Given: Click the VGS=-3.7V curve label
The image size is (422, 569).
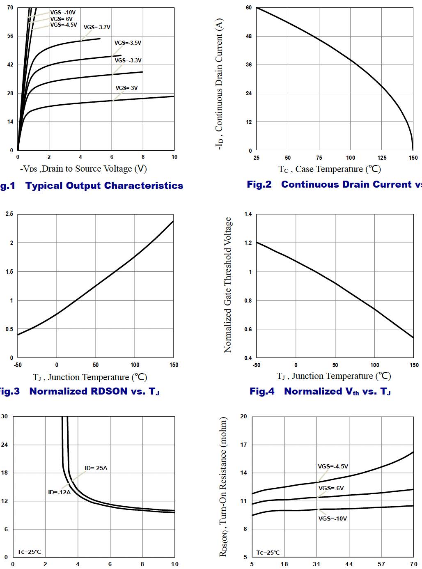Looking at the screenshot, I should (97, 28).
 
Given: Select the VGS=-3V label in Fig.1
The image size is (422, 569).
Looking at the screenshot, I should (126, 88).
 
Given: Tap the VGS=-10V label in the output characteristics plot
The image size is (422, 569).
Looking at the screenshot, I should (63, 13).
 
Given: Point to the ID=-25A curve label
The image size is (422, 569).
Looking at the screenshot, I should (96, 468).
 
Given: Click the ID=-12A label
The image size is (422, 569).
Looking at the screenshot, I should (59, 492).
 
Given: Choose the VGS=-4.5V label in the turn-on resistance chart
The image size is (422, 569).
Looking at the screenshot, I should (333, 466).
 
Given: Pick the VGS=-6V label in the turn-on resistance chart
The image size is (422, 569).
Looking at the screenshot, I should (331, 488).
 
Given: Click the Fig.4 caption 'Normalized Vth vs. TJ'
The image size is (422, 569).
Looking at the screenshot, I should (320, 391).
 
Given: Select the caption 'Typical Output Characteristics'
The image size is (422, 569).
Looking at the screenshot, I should (104, 186).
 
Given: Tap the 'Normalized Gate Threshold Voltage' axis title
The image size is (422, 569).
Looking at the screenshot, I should (227, 285).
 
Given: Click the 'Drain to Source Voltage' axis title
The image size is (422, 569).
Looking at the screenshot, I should (83, 169).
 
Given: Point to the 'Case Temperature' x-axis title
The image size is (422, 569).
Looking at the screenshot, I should (330, 169).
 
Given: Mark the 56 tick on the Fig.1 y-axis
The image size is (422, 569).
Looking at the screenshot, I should (10, 36).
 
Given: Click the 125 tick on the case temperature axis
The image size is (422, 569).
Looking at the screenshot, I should (382, 158).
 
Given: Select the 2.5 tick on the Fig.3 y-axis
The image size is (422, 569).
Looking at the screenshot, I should (9, 214).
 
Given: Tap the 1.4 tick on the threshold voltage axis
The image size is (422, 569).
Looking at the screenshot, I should (248, 214).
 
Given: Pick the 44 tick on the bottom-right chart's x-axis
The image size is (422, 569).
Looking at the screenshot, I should (349, 564).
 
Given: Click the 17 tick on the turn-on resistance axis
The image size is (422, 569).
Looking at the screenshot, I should (243, 445).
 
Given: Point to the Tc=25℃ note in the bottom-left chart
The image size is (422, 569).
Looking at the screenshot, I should (29, 552).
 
